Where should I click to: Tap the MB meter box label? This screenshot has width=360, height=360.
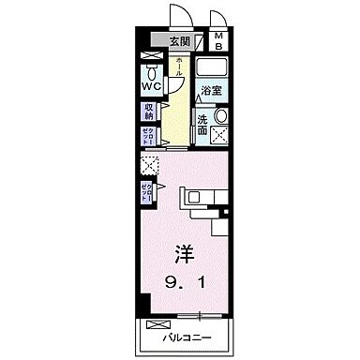click(x=217, y=40)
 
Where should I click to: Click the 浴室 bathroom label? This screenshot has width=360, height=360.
click(x=210, y=92)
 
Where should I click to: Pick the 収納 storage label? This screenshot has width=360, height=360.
click(x=148, y=112)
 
